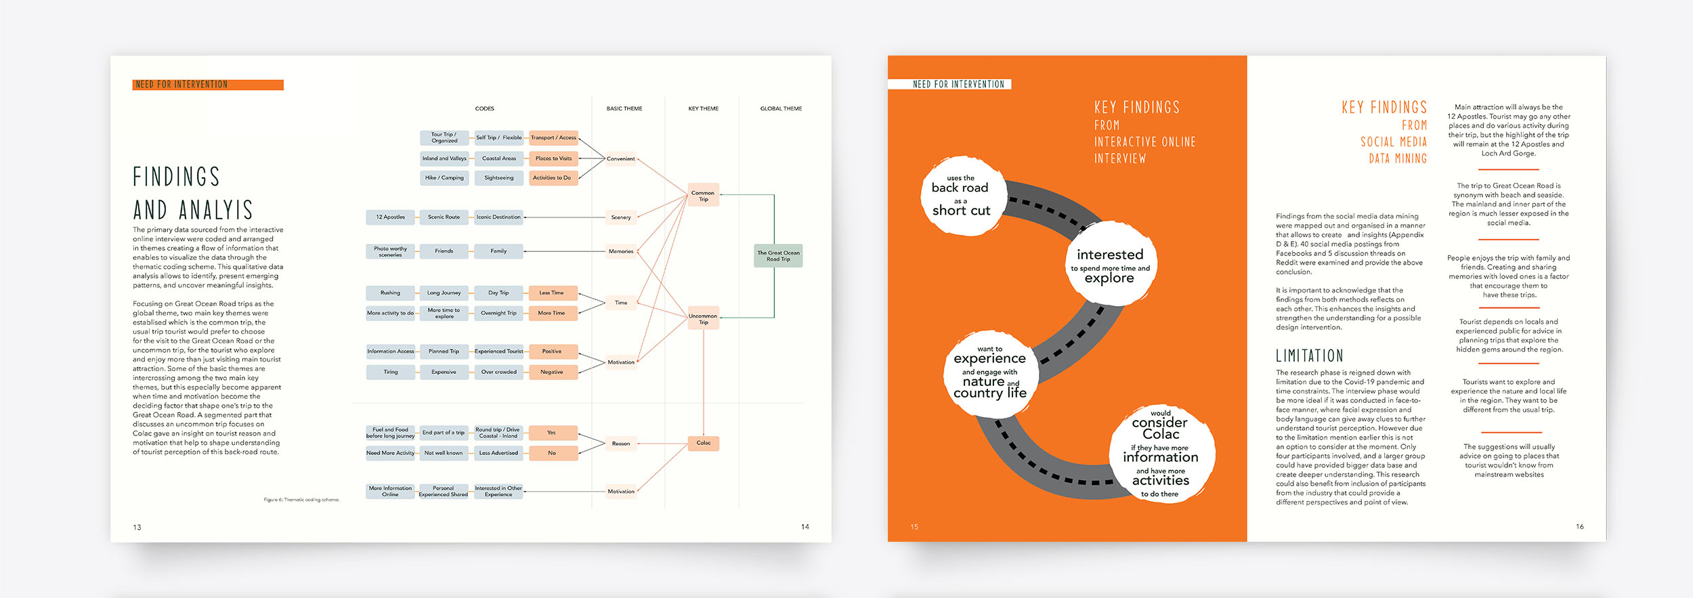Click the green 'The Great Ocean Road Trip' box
[778, 256]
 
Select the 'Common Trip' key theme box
[703, 196]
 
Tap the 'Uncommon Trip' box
[703, 318]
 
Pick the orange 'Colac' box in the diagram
[704, 443]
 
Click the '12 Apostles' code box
[390, 217]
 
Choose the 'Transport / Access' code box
[553, 137]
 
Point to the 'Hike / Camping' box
[444, 178]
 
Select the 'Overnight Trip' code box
[498, 313]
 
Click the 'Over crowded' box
[498, 372]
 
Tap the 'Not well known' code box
[444, 453]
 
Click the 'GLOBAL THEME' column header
[781, 108]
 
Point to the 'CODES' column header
[484, 108]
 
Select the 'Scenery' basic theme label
[621, 217]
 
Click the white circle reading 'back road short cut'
[961, 196]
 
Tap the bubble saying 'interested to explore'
[1109, 264]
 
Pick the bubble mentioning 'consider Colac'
[1161, 452]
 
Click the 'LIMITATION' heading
[1309, 356]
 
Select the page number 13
[137, 527]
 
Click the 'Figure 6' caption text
[301, 500]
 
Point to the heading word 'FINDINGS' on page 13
[177, 177]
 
